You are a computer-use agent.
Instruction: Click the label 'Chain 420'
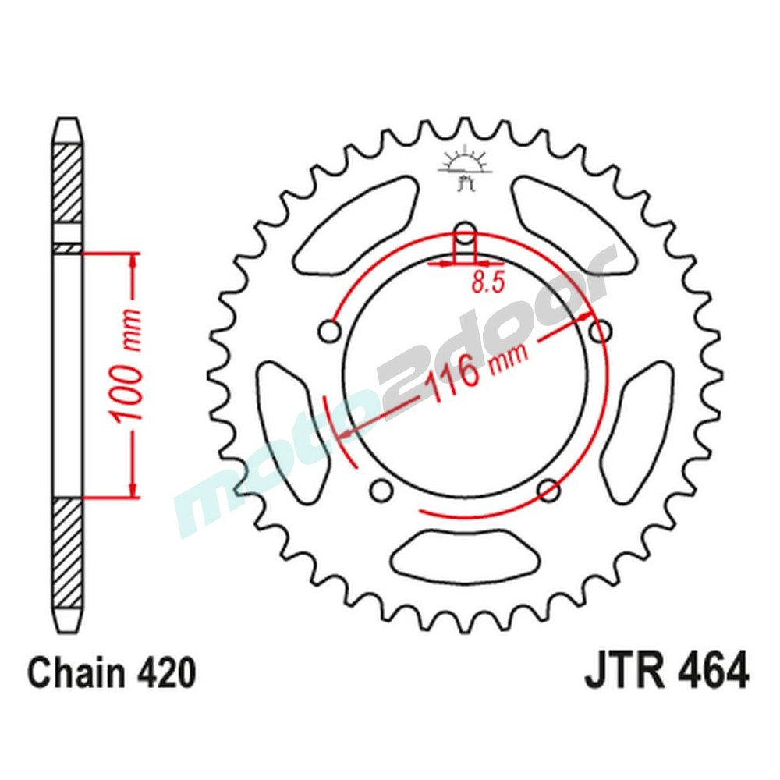point(111,672)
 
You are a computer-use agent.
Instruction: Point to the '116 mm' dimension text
point(475,372)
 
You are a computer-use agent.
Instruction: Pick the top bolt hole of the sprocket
point(465,233)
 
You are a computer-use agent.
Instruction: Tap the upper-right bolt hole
point(600,331)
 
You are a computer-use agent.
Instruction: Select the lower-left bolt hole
point(381,491)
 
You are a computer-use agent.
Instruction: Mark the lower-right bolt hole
point(549,491)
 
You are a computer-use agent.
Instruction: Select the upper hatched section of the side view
point(67,183)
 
